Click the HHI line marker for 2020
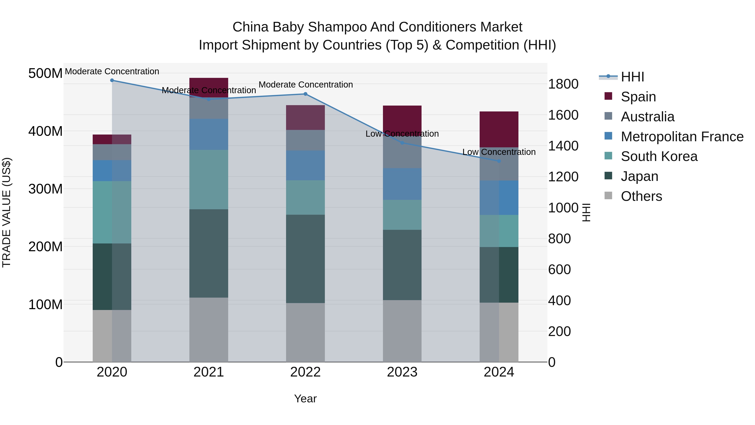pyautogui.click(x=112, y=80)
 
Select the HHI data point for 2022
pyautogui.click(x=305, y=94)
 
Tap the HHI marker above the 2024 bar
pyautogui.click(x=499, y=161)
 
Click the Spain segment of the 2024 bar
pyautogui.click(x=499, y=129)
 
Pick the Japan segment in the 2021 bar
pyautogui.click(x=209, y=253)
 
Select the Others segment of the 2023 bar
pyautogui.click(x=402, y=331)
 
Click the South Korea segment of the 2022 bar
pyautogui.click(x=305, y=197)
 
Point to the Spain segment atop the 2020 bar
pyautogui.click(x=112, y=139)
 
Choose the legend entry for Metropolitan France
pyautogui.click(x=682, y=137)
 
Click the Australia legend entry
pyautogui.click(x=647, y=117)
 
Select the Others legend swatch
pyautogui.click(x=608, y=196)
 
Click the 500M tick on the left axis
pyautogui.click(x=45, y=73)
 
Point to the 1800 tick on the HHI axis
pyautogui.click(x=563, y=84)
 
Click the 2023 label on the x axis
pyautogui.click(x=402, y=372)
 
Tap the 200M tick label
pyautogui.click(x=45, y=247)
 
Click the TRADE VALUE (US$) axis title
pyautogui.click(x=7, y=212)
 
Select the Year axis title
pyautogui.click(x=305, y=399)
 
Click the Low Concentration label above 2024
pyautogui.click(x=499, y=152)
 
